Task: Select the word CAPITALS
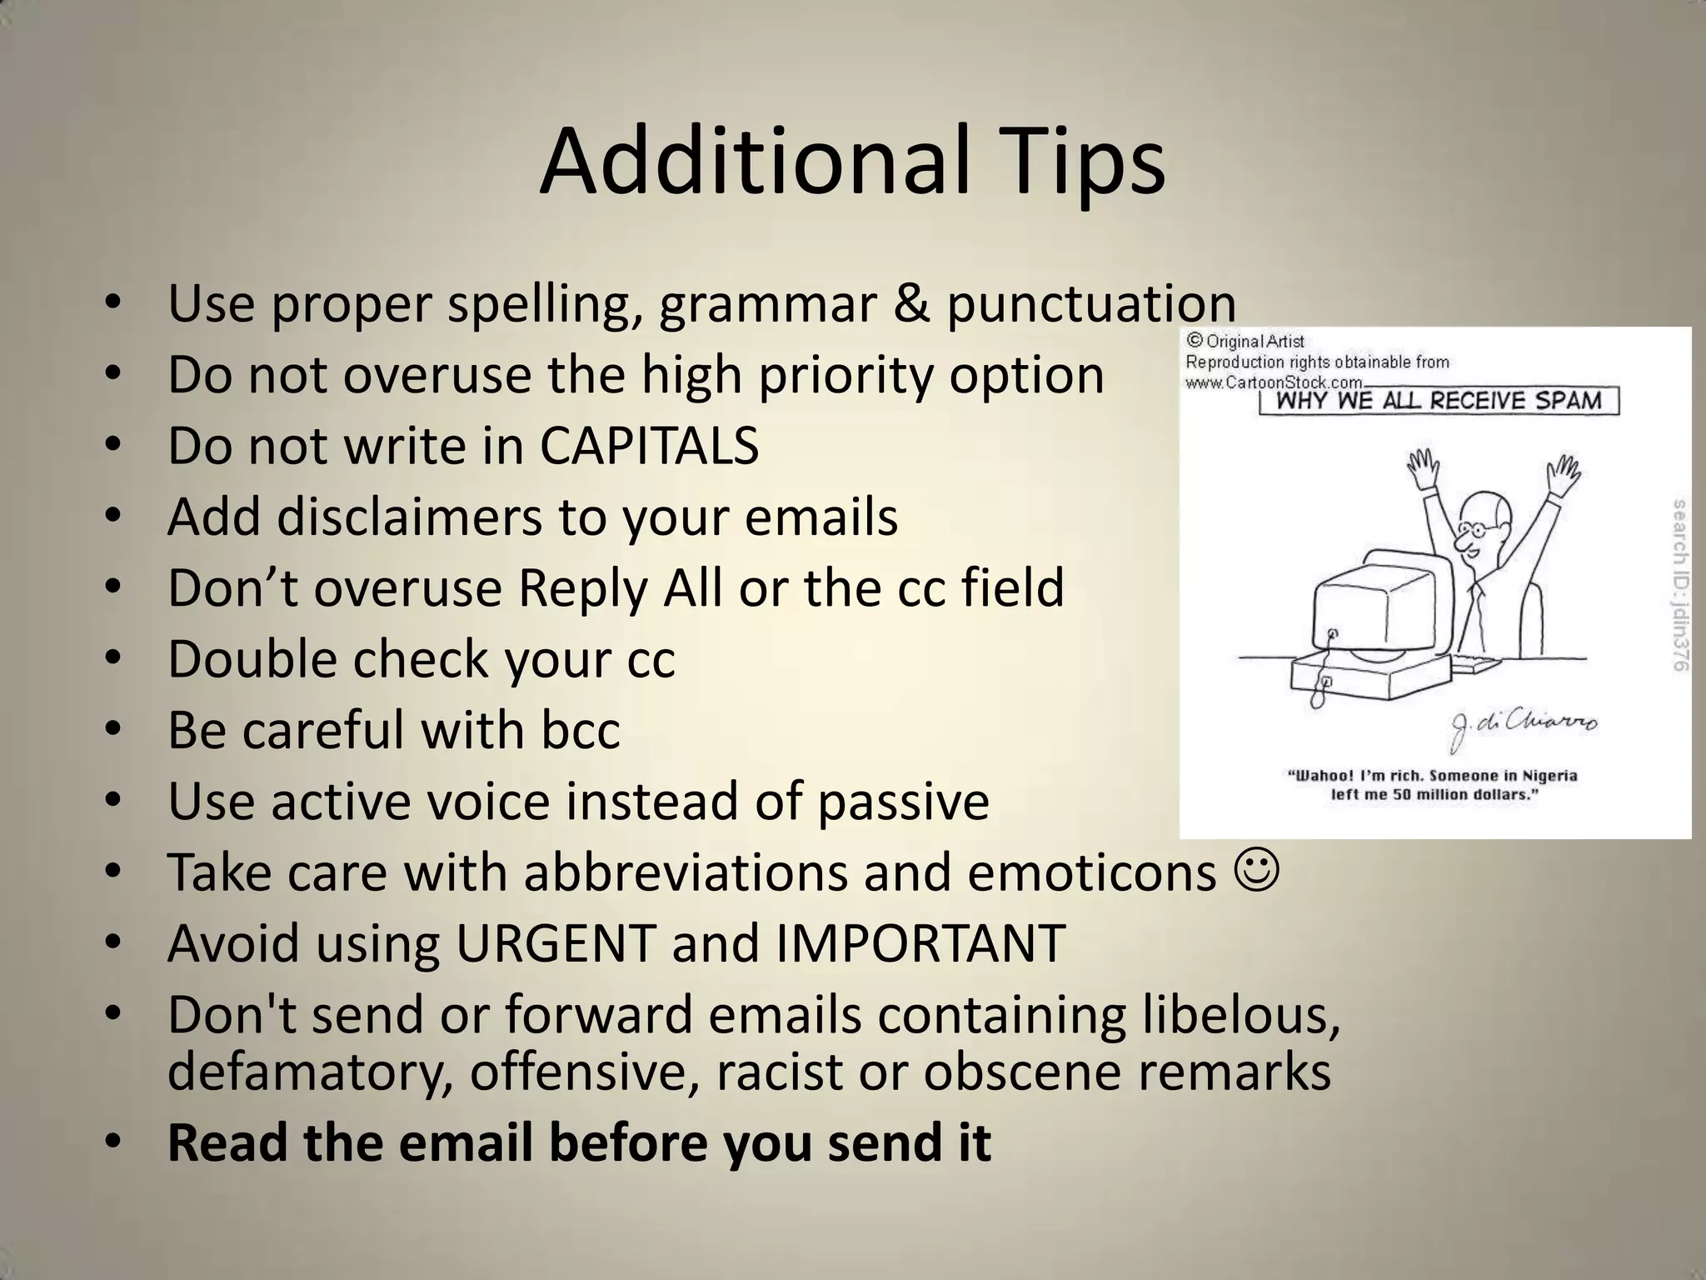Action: coord(649,446)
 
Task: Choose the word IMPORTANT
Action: coord(920,943)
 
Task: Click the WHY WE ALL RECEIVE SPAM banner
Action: coord(1439,401)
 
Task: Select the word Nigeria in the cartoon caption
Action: coord(1549,776)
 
